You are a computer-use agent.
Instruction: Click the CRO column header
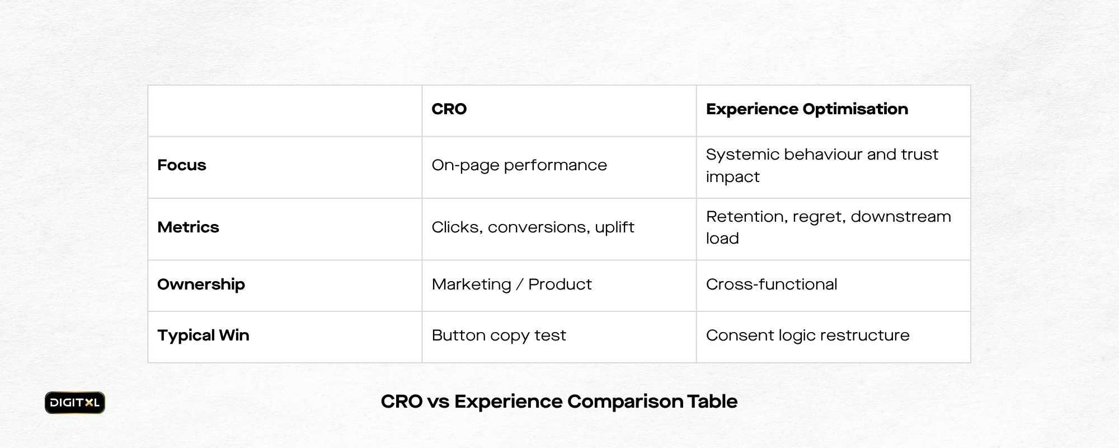tap(449, 109)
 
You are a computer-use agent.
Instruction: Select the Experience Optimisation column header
tap(807, 109)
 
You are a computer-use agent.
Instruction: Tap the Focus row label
tap(182, 165)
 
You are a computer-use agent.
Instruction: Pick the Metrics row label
tap(188, 227)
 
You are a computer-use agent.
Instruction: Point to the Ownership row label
tap(201, 284)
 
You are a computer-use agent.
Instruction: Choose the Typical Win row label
tap(203, 335)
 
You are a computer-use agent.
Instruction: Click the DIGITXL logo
tap(75, 403)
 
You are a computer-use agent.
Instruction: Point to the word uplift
tap(614, 227)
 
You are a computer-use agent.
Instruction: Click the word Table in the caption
tap(712, 402)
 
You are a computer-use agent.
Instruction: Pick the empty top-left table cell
tap(285, 111)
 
